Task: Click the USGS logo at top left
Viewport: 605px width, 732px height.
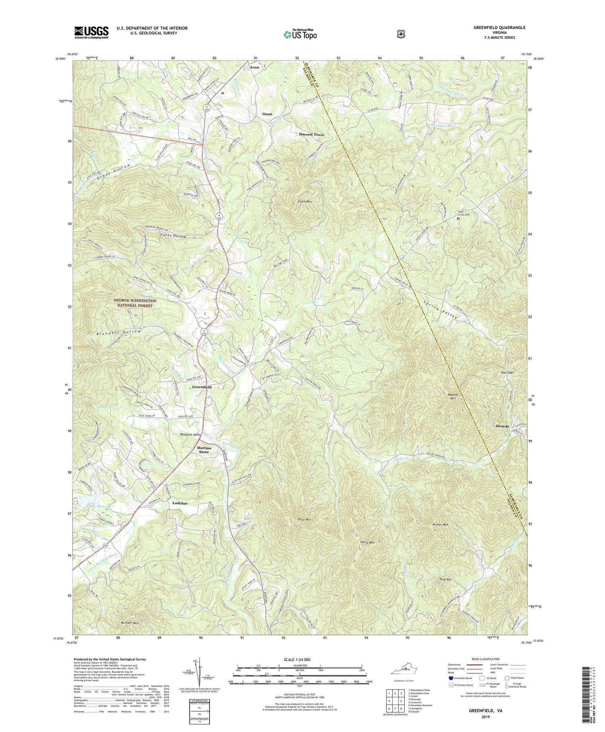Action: coord(91,32)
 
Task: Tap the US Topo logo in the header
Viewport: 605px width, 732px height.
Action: coord(300,34)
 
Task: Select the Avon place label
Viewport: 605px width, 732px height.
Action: coord(255,67)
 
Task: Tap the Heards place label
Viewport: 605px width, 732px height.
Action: coord(502,426)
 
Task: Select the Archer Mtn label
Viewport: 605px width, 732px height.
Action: coord(440,524)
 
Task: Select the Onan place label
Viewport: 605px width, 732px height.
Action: coord(267,114)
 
